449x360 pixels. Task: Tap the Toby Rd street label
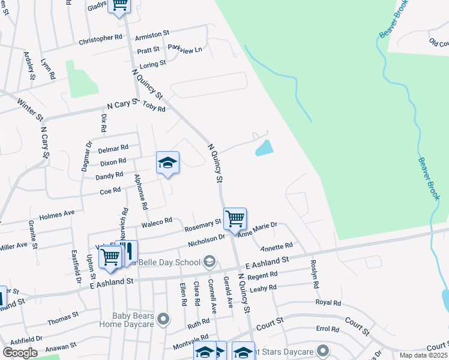[x=154, y=107]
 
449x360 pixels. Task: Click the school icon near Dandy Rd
[x=168, y=163]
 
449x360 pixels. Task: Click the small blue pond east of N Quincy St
[x=264, y=148]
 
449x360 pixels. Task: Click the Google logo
[x=20, y=353]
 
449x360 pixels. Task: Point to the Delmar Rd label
[x=113, y=148]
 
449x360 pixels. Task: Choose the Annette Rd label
[x=276, y=247]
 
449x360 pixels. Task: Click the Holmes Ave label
[x=56, y=214]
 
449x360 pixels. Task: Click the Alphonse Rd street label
[x=142, y=192]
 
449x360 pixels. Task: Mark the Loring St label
[x=152, y=64]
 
